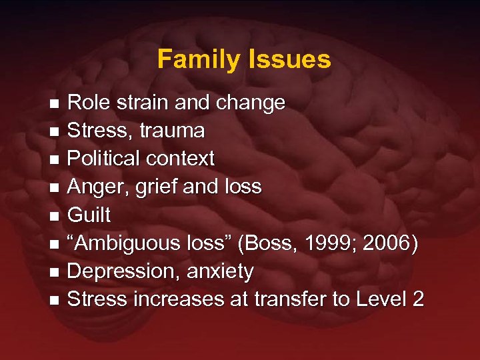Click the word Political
pos(103,159)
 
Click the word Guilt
pos(89,215)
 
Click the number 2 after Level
pos(417,299)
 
